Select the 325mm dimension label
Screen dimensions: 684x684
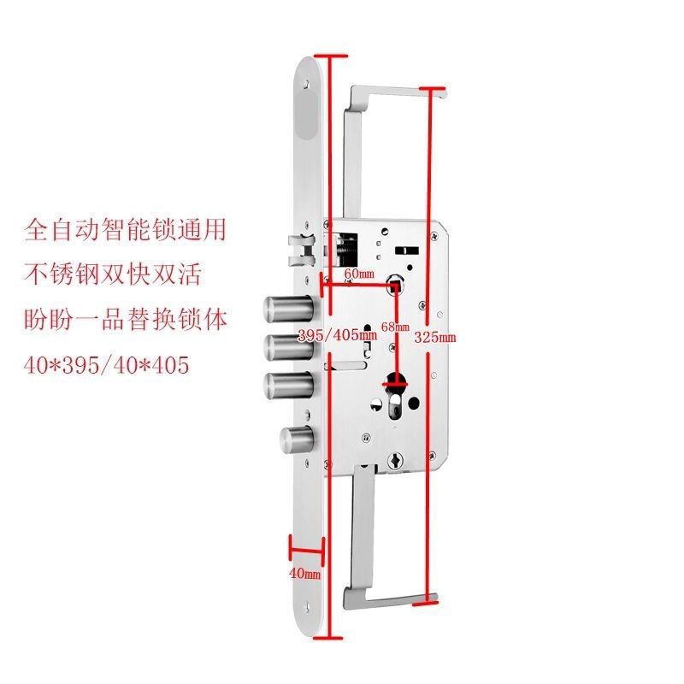(x=435, y=338)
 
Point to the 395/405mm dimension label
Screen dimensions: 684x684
(x=336, y=336)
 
